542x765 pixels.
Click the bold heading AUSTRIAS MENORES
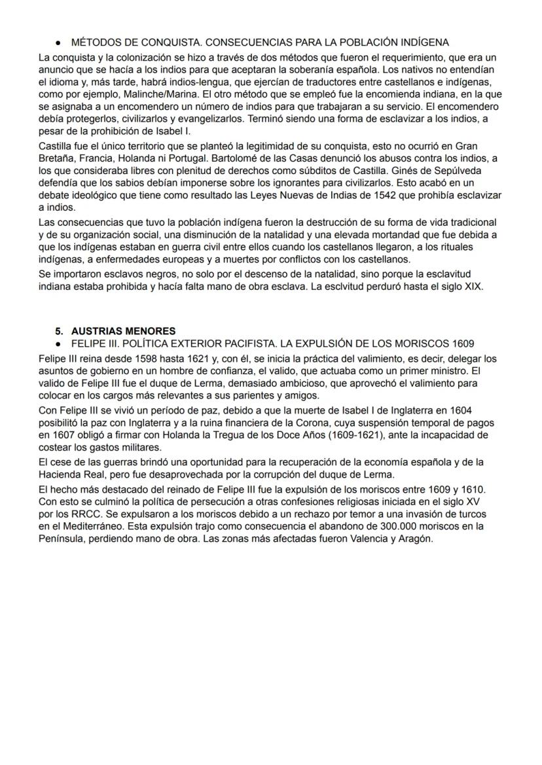[x=123, y=331]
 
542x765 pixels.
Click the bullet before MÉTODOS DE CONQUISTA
[x=60, y=43]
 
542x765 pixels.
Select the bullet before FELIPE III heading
[x=60, y=344]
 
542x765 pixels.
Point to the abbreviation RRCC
[x=68, y=514]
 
